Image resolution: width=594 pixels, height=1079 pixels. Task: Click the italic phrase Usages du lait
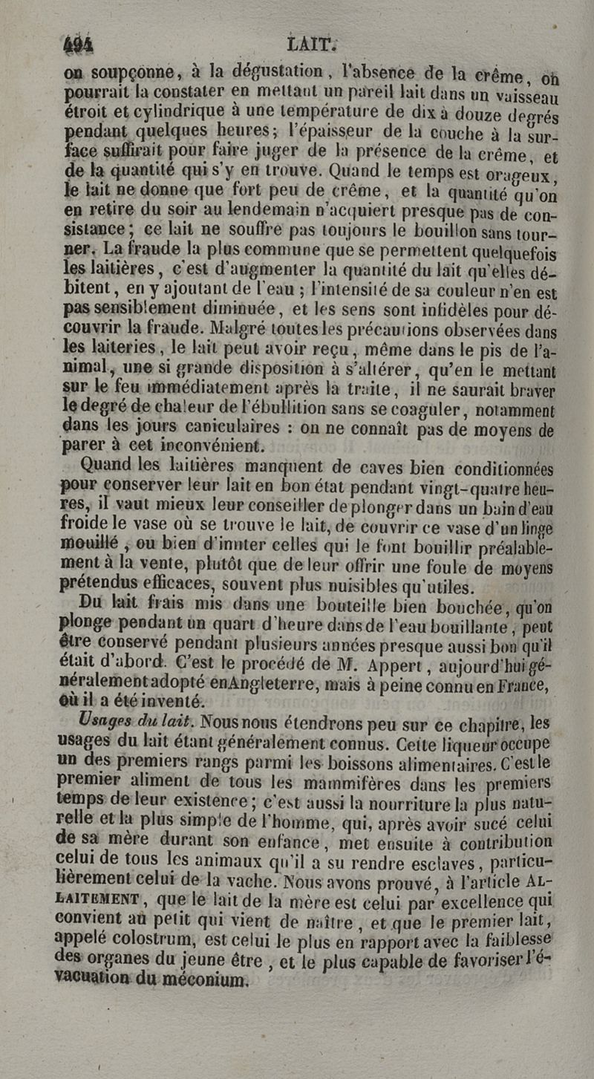[x=138, y=721]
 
